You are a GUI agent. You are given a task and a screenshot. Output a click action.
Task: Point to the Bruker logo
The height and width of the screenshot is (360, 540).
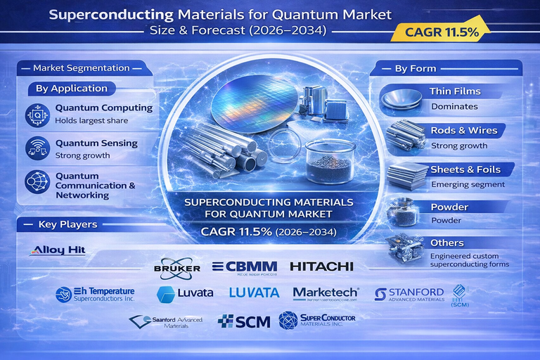point(176,268)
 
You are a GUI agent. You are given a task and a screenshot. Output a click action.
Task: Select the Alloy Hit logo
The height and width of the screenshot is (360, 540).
point(58,250)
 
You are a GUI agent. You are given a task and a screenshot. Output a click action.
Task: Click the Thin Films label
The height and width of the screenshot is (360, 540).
point(455,91)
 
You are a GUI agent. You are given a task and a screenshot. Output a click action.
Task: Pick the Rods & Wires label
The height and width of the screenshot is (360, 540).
point(463,130)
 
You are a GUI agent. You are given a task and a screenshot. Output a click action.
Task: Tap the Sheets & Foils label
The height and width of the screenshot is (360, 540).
point(466,169)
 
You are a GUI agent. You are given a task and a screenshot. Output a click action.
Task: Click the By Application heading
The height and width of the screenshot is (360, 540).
point(71,89)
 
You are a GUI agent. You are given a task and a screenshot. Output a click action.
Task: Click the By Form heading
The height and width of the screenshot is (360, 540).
point(415,68)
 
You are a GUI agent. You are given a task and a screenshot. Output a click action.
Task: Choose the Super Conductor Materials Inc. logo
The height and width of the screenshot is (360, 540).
point(317,321)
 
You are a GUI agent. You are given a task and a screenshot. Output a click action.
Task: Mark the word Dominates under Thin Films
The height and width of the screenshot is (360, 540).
point(454,106)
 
